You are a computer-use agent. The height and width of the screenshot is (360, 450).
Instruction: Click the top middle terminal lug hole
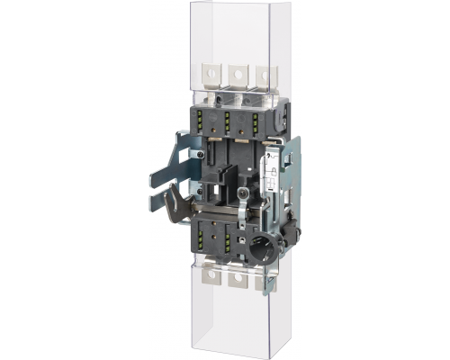click(238, 71)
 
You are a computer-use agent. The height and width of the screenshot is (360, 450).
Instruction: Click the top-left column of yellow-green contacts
click(204, 124)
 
